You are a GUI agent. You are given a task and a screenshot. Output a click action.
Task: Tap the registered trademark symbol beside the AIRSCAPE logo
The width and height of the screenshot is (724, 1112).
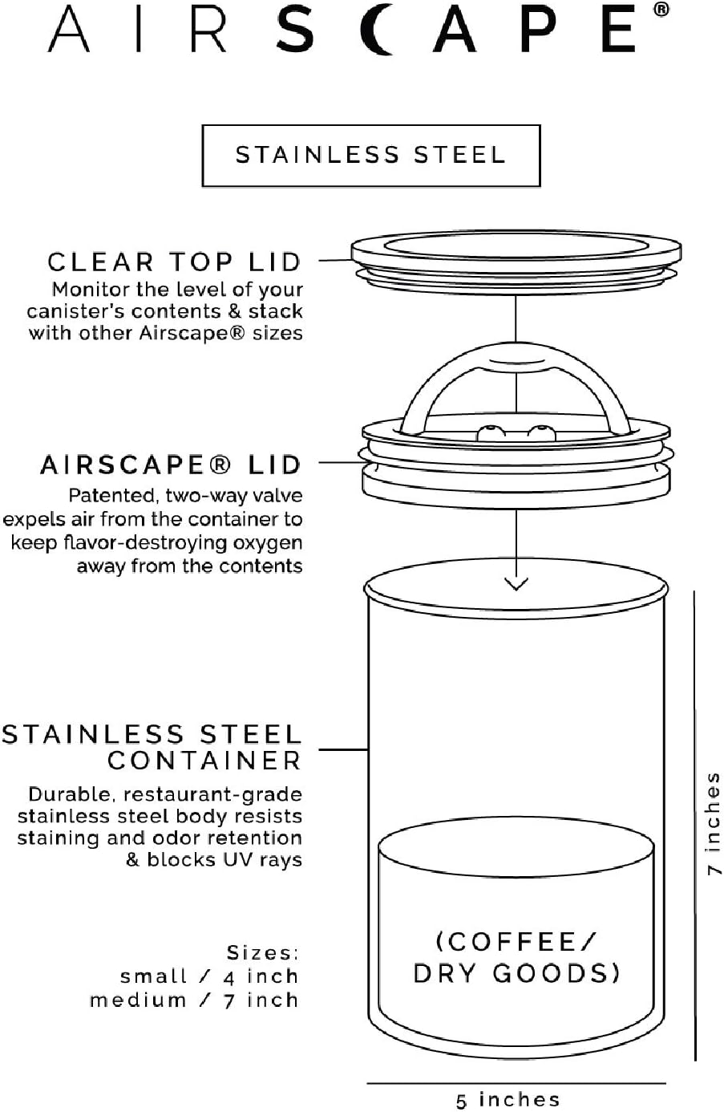(x=660, y=10)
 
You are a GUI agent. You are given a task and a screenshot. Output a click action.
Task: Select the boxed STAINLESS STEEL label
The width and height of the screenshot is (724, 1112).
(x=370, y=156)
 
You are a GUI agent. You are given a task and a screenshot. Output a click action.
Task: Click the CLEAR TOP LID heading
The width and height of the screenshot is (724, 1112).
(x=174, y=262)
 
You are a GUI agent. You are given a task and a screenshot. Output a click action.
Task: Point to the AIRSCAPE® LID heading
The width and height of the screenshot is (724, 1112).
(x=171, y=465)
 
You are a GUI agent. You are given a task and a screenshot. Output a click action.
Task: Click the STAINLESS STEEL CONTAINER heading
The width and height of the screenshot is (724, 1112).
(x=152, y=748)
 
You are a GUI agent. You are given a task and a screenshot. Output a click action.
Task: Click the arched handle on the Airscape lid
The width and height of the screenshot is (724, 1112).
(x=516, y=377)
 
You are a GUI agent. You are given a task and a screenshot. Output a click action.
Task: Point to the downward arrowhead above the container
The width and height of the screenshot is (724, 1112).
(x=516, y=583)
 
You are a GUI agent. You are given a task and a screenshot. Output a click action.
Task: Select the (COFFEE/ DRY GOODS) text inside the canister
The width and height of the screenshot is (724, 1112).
(x=516, y=957)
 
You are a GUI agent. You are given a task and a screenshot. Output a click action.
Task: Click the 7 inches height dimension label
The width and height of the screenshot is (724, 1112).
(x=712, y=823)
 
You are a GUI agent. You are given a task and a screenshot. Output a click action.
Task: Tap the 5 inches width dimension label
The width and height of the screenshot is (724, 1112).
(x=508, y=1099)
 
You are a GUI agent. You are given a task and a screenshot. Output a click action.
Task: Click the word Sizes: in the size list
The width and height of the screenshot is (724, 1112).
(x=262, y=953)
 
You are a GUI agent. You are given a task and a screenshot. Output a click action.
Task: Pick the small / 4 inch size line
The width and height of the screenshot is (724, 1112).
(x=209, y=976)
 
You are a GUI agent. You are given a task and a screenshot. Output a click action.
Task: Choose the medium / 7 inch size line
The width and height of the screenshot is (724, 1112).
(x=194, y=1000)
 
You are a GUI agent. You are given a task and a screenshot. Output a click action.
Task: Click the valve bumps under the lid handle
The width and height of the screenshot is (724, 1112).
(x=516, y=433)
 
